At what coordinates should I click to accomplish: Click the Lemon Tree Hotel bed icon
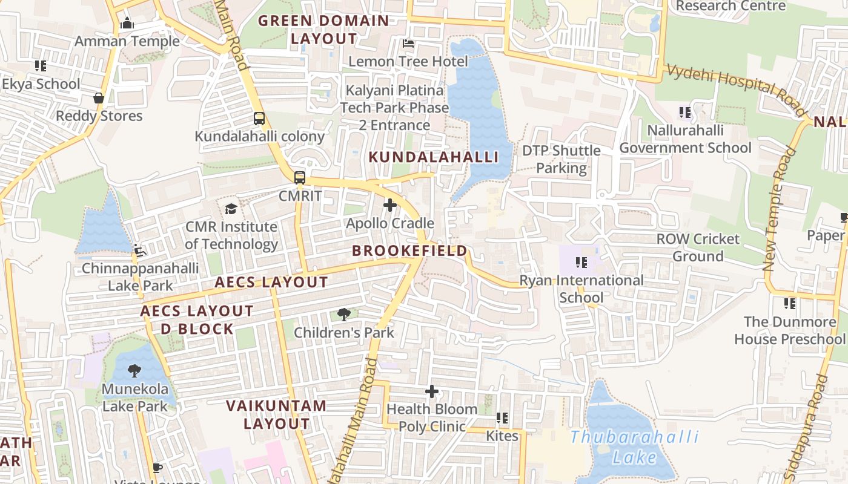click(x=408, y=44)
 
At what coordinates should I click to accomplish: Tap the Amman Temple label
click(x=127, y=41)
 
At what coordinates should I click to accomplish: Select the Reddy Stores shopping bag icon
click(x=99, y=98)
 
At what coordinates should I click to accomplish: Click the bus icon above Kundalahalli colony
click(x=259, y=119)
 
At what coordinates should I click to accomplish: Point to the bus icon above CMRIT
click(x=300, y=178)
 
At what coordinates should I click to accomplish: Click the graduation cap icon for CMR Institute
click(x=231, y=209)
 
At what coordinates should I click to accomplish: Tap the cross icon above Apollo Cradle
click(x=390, y=206)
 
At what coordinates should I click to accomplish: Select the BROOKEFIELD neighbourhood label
click(x=409, y=250)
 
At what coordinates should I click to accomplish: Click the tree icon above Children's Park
click(x=343, y=315)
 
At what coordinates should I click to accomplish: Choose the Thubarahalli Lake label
click(x=634, y=446)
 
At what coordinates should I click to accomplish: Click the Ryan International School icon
click(x=581, y=263)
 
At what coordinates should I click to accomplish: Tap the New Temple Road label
click(x=779, y=209)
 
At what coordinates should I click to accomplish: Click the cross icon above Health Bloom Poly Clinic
click(x=431, y=392)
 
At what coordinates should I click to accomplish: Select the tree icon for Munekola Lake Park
click(x=134, y=371)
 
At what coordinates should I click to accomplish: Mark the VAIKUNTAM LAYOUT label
click(x=277, y=414)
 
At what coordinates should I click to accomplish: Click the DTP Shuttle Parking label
click(x=561, y=159)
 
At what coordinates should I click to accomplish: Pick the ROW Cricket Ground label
click(x=698, y=247)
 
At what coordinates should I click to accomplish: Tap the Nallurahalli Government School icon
click(x=685, y=113)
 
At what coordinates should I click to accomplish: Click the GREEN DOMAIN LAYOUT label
click(x=323, y=30)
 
